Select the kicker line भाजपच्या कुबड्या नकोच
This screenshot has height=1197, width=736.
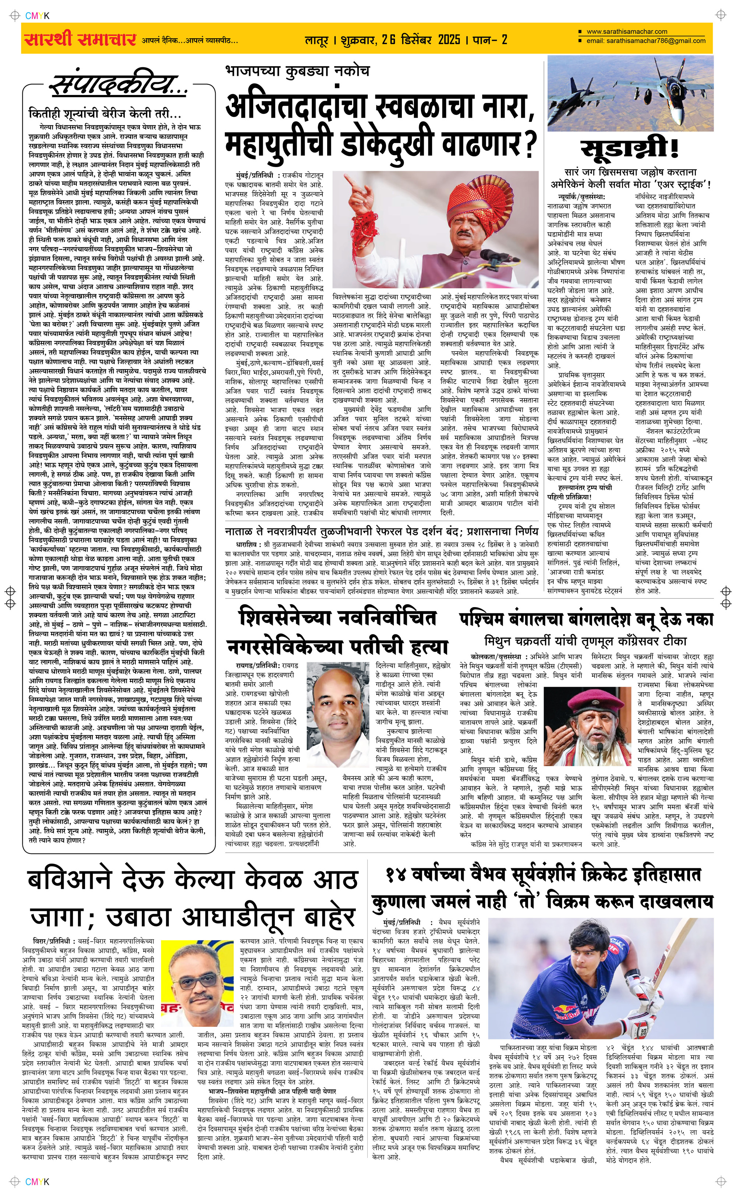(297, 71)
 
